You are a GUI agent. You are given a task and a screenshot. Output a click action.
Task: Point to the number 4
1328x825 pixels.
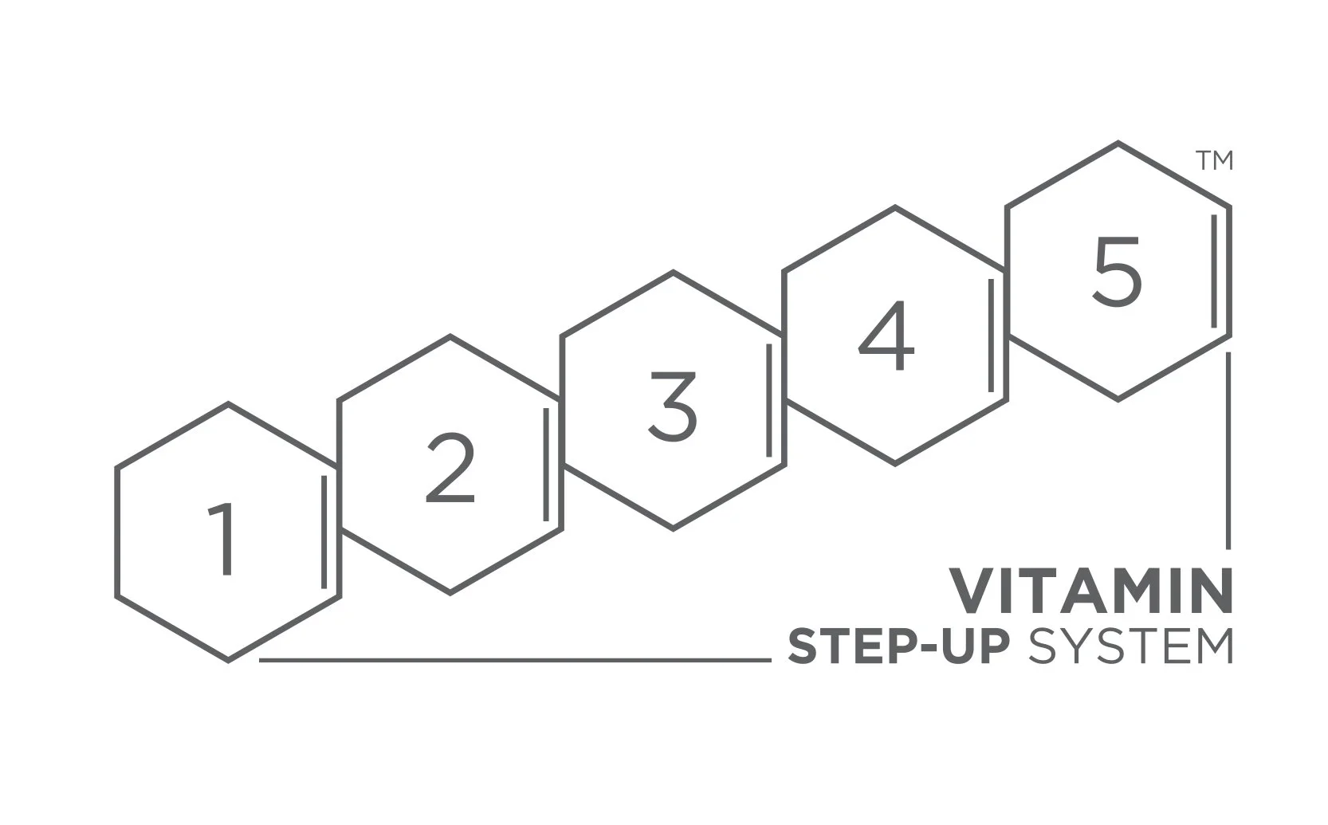(886, 336)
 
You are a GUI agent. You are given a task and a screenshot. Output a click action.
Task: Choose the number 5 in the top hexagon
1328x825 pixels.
(1117, 273)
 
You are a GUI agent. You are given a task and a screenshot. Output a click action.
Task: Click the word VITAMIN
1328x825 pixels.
(1090, 591)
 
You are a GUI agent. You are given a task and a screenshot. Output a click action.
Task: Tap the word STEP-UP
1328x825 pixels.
(898, 646)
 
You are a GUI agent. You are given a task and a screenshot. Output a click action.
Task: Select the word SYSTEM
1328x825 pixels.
(1130, 646)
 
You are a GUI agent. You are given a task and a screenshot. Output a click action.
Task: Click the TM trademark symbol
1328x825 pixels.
(1214, 160)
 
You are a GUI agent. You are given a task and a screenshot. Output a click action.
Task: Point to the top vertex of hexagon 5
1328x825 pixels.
(1118, 143)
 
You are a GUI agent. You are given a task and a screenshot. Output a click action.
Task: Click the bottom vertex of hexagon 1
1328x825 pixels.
(229, 660)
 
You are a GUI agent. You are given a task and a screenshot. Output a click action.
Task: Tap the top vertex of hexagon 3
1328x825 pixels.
(674, 272)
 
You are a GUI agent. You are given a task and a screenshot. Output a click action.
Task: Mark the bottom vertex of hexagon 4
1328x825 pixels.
(895, 463)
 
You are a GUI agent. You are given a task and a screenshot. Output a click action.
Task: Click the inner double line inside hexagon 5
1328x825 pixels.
(1214, 271)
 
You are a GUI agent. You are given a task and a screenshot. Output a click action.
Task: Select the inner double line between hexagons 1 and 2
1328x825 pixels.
(324, 532)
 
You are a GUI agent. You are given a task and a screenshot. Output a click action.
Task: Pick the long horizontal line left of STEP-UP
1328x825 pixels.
(515, 660)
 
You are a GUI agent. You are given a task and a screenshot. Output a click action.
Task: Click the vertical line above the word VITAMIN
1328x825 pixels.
(1228, 450)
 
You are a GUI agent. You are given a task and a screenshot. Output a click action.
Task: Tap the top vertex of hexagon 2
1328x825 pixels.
(450, 336)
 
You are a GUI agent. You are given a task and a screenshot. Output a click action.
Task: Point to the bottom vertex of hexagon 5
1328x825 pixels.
(1118, 399)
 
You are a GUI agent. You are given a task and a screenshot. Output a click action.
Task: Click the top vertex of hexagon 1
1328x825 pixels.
(229, 403)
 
